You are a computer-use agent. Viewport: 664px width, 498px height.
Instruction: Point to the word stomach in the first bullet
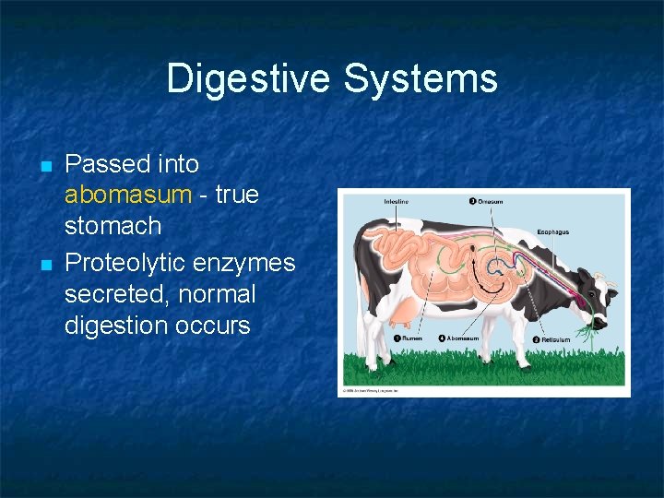point(113,226)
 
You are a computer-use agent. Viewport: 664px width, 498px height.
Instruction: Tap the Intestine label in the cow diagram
point(397,201)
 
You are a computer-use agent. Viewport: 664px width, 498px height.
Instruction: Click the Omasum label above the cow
point(489,201)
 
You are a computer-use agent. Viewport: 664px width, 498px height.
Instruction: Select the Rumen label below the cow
point(411,338)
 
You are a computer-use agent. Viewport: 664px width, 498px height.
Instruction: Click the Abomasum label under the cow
point(461,338)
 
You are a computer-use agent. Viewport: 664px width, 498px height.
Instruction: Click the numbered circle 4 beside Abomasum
point(442,338)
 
